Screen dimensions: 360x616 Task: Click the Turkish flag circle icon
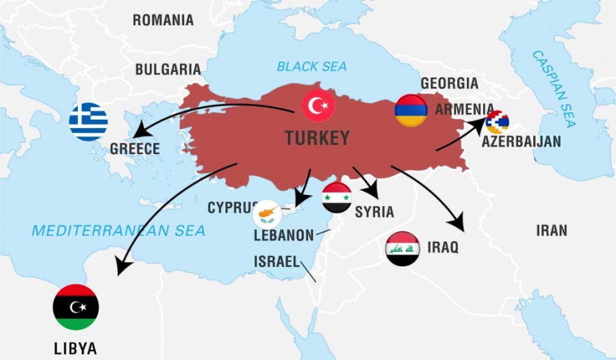pyautogui.click(x=318, y=106)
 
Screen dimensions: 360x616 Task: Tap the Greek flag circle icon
pyautogui.click(x=88, y=122)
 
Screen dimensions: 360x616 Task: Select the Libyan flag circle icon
pyautogui.click(x=76, y=307)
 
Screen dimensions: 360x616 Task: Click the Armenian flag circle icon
pyautogui.click(x=411, y=110)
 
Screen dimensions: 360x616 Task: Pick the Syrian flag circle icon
pyautogui.click(x=337, y=198)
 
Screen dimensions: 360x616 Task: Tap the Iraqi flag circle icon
pyautogui.click(x=402, y=248)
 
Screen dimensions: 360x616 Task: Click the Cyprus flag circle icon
pyautogui.click(x=267, y=214)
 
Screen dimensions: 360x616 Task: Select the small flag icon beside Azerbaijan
pyautogui.click(x=497, y=123)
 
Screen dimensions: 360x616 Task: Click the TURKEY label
pyautogui.click(x=317, y=138)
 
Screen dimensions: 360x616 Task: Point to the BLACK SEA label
pyautogui.click(x=311, y=66)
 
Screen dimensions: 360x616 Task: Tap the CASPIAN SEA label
pyautogui.click(x=554, y=88)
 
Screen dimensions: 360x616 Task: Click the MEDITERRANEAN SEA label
pyautogui.click(x=118, y=231)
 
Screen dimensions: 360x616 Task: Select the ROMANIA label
pyautogui.click(x=163, y=20)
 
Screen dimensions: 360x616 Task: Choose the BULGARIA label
pyautogui.click(x=168, y=69)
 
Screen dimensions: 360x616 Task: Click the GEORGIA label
pyautogui.click(x=449, y=83)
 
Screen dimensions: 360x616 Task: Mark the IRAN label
pyautogui.click(x=551, y=230)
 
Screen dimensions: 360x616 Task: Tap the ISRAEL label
pyautogui.click(x=277, y=261)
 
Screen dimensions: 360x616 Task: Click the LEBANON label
pyautogui.click(x=283, y=235)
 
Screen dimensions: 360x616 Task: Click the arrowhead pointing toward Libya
pyautogui.click(x=121, y=269)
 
